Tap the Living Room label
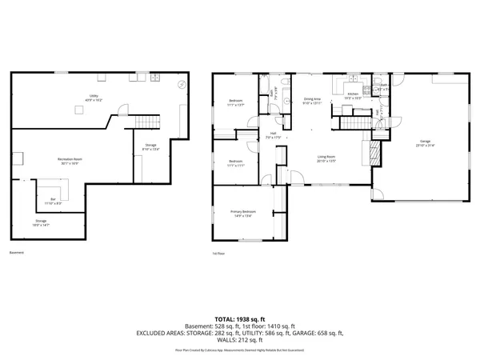[326, 158]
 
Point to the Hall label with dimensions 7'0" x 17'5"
[273, 135]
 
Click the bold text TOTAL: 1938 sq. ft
[240, 318]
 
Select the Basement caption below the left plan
[17, 253]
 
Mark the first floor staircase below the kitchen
[352, 122]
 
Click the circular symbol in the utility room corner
[182, 83]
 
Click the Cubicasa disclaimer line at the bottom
[240, 348]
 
